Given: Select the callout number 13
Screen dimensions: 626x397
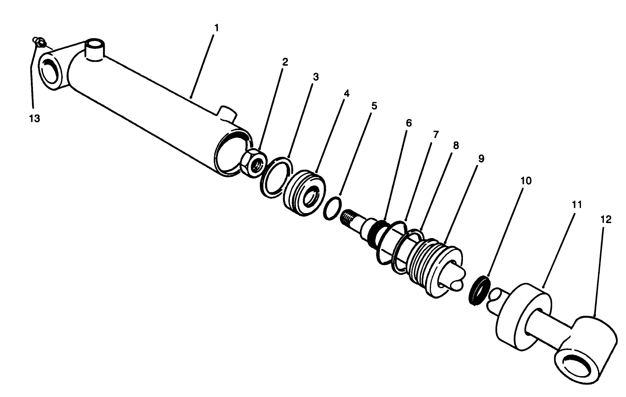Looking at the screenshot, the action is click(34, 118).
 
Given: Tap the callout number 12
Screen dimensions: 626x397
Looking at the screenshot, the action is click(606, 219).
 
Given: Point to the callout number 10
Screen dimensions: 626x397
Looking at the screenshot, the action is click(526, 181).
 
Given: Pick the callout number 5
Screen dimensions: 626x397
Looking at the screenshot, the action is click(374, 106).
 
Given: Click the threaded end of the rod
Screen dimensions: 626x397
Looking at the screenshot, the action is click(349, 217).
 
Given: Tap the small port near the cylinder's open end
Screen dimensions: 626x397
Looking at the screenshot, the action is click(226, 113).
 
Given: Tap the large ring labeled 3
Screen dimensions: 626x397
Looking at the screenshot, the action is click(275, 177).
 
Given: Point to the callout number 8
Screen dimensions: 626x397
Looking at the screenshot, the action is click(456, 146).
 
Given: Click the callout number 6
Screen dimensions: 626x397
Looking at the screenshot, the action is click(408, 123).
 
